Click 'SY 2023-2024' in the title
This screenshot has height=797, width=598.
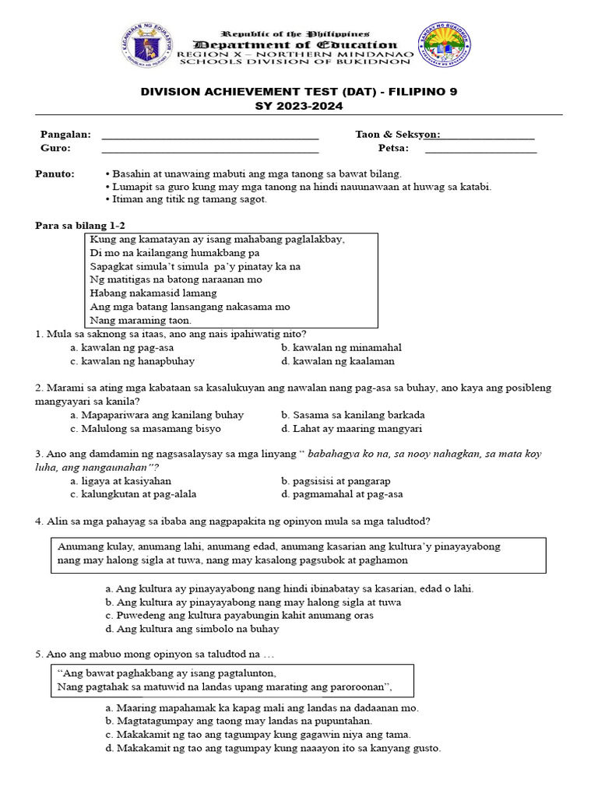click(299, 105)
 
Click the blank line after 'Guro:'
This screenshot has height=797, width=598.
click(210, 150)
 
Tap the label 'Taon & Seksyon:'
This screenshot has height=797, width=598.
click(397, 135)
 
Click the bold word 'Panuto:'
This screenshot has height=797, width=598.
click(55, 174)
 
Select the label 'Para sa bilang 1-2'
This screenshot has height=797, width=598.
click(80, 226)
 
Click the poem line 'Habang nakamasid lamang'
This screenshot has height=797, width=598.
click(153, 293)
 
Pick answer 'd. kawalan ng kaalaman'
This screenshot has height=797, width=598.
click(338, 361)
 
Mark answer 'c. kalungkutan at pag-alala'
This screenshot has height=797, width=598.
click(133, 494)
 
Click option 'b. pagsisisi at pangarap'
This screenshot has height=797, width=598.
click(336, 481)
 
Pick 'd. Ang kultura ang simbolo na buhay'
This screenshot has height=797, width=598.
click(192, 629)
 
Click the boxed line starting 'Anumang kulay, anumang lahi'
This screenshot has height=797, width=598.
click(279, 546)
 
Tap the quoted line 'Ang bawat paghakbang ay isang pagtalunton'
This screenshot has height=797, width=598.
click(167, 674)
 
